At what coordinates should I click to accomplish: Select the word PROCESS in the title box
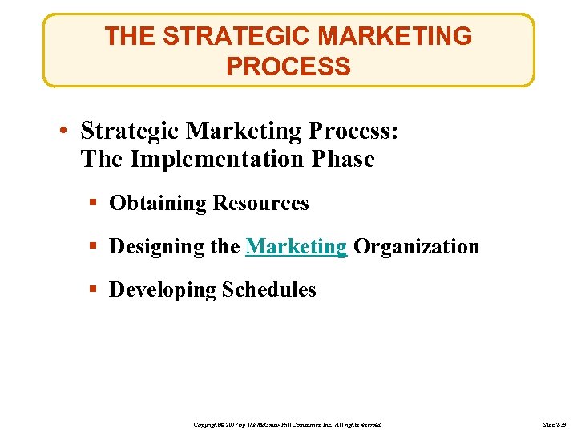click(x=288, y=67)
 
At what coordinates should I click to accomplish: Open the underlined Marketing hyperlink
click(x=296, y=246)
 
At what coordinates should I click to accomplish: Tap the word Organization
click(x=417, y=246)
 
